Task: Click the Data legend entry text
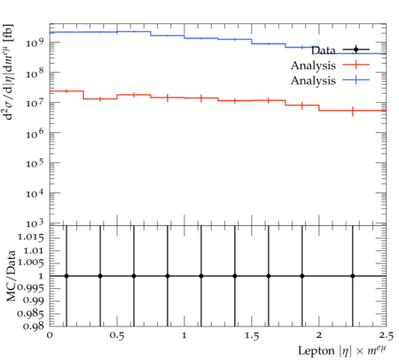[x=324, y=51]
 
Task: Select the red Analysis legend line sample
[x=356, y=65]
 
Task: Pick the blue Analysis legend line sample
[x=356, y=80]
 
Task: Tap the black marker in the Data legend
[x=356, y=50]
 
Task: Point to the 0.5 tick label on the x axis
[x=117, y=336]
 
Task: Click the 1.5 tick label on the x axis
[x=252, y=336]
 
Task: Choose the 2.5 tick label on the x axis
[x=387, y=336]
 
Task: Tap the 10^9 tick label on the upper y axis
[x=35, y=43]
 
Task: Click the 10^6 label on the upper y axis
[x=35, y=133]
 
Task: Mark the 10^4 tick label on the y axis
[x=35, y=194]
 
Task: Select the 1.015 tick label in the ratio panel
[x=31, y=237]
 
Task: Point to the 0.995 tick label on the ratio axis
[x=31, y=287]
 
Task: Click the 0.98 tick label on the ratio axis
[x=34, y=326]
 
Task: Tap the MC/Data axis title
[x=11, y=276]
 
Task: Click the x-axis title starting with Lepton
[x=342, y=351]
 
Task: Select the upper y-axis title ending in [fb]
[x=8, y=72]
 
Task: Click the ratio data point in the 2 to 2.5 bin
[x=353, y=276]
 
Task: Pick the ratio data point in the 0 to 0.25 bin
[x=66, y=276]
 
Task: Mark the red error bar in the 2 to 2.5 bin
[x=353, y=111]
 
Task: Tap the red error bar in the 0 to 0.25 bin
[x=66, y=91]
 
